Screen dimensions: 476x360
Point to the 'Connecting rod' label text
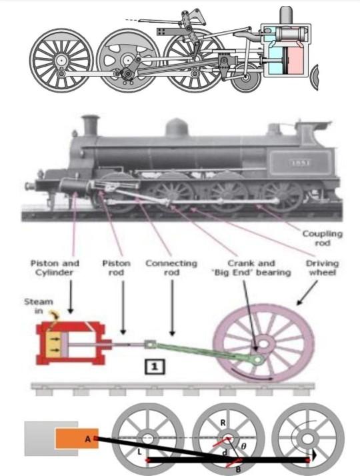(171, 268)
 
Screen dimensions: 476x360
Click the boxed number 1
(154, 366)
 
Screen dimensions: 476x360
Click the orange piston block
(74, 439)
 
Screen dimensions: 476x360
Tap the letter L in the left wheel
(137, 453)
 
